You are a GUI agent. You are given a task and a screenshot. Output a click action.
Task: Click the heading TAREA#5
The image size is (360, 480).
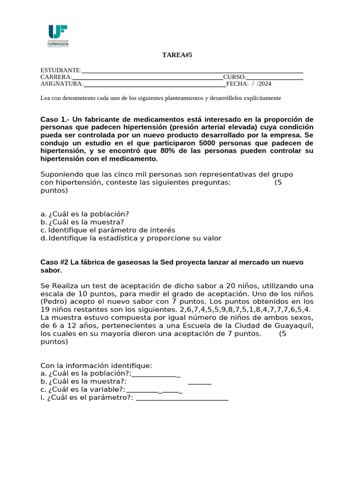coord(177,55)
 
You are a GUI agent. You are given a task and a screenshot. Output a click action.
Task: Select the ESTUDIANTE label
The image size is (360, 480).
coord(61,70)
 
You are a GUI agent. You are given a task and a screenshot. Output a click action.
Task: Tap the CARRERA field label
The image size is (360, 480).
coord(56,77)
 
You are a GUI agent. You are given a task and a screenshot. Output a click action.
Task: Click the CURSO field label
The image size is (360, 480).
coord(234,77)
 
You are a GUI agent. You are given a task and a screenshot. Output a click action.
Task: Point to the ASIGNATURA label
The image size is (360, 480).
coord(62,84)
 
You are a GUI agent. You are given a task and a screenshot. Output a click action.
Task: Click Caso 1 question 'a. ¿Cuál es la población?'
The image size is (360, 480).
coord(85,214)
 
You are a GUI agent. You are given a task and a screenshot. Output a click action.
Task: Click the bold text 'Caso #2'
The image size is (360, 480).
coord(54,262)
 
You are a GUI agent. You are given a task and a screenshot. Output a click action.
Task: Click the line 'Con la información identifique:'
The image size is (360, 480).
coord(96,366)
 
